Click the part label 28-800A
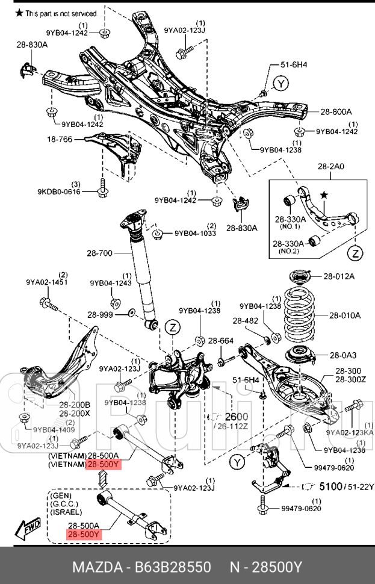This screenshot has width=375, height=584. coord(336,111)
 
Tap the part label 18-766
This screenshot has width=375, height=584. coord(60,139)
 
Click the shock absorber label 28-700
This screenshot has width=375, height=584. coord(99,253)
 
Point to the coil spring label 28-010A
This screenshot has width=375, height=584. coord(344,315)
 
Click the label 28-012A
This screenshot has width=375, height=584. coord(339,276)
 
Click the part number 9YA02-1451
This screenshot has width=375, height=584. coord(46,282)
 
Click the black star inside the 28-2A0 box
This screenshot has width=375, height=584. coord(324,195)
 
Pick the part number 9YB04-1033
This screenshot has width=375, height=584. coord(196,233)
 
